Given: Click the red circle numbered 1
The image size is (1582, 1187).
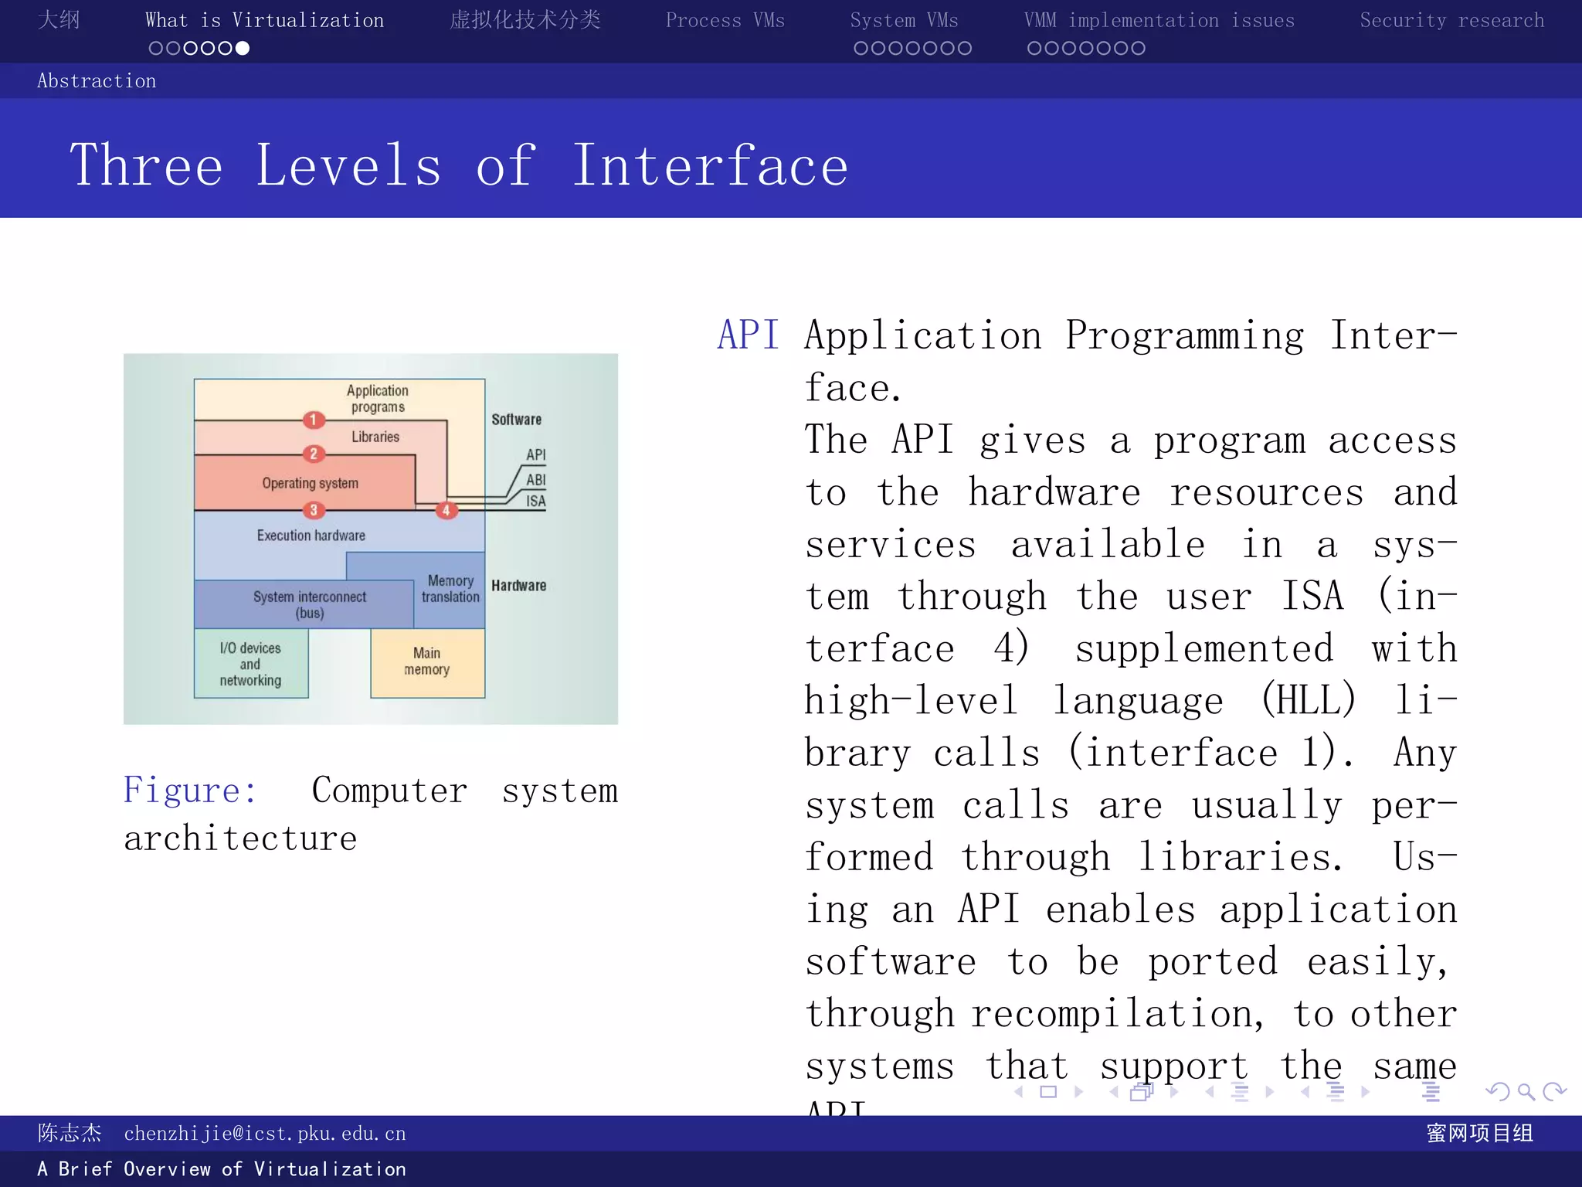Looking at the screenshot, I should coord(314,420).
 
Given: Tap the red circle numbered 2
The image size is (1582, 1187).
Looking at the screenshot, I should coord(314,454).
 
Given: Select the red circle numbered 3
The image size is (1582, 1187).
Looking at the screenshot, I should coord(314,510).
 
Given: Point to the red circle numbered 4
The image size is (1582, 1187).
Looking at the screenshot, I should coord(446,510).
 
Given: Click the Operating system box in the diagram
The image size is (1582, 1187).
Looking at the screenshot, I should coord(309,483).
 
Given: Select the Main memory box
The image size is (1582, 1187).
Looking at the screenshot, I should coord(427,662).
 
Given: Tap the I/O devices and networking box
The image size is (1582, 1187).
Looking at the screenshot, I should coord(250,664).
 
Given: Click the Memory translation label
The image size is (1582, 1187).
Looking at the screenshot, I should coord(450,589).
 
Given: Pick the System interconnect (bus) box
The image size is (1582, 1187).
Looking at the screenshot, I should coord(309,604).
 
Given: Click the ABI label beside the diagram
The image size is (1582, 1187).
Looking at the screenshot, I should coord(536,479).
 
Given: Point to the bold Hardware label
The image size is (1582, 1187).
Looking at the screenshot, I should coord(518,586).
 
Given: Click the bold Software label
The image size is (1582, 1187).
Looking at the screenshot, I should coord(516,420).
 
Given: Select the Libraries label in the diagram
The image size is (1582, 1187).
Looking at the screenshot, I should coord(375,437).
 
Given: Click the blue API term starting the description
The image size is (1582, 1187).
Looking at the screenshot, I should coord(747,335).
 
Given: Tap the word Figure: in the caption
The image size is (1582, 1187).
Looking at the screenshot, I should coord(190,791).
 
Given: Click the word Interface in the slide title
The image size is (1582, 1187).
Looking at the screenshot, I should coord(709,165).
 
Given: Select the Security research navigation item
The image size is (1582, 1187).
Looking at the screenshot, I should coord(1451,21).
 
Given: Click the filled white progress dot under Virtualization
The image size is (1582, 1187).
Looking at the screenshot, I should coord(243,49).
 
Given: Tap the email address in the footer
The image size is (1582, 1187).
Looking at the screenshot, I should coord(264,1134).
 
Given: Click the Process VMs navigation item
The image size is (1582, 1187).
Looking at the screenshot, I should coord(725,21).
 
